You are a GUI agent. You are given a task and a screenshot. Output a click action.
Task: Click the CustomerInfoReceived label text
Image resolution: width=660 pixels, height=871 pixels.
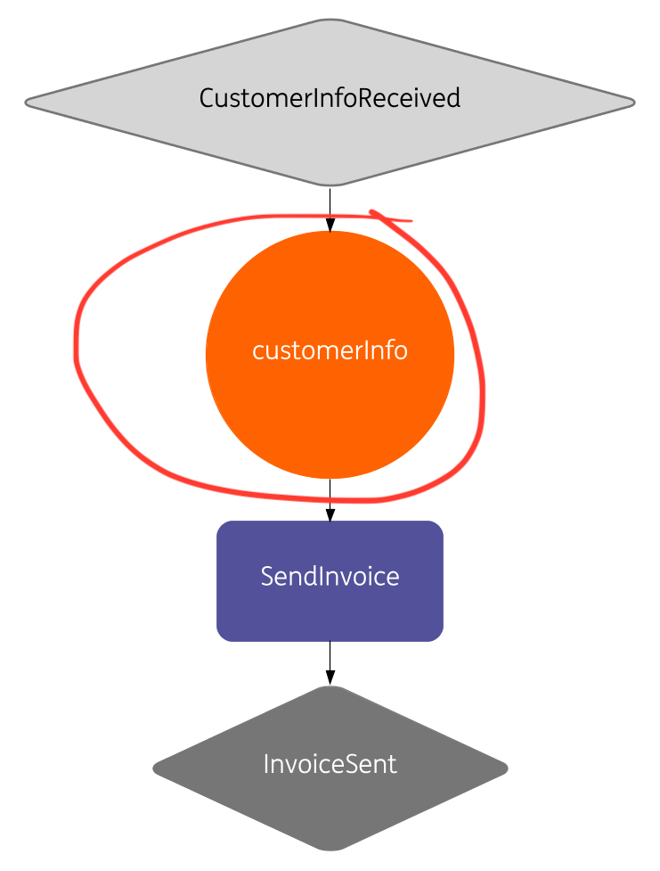[330, 97]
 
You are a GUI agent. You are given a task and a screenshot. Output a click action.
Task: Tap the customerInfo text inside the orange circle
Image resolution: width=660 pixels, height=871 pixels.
[330, 350]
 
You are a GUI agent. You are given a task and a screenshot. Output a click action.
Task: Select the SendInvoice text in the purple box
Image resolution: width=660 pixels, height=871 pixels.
[330, 576]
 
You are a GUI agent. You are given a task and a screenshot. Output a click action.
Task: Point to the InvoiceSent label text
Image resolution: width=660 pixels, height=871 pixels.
[330, 764]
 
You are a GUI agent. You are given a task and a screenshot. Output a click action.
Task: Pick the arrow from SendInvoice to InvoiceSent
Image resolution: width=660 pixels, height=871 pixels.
[330, 662]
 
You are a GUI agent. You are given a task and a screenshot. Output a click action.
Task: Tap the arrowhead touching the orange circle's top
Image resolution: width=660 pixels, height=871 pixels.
[330, 226]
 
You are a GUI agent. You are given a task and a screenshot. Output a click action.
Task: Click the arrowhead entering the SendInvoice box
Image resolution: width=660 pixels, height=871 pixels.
[330, 515]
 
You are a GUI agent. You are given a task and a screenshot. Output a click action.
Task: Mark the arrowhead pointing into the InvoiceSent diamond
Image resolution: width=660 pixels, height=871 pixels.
[330, 679]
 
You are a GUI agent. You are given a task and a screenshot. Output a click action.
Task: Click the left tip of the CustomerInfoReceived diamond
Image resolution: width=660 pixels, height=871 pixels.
[27, 103]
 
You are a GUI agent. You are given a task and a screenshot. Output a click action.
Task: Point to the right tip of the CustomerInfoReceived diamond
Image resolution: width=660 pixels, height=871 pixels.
[633, 103]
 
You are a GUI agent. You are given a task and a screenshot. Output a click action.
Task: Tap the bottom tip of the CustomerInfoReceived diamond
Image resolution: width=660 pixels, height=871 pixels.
[330, 185]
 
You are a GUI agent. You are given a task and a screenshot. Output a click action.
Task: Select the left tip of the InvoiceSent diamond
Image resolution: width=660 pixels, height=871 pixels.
[155, 767]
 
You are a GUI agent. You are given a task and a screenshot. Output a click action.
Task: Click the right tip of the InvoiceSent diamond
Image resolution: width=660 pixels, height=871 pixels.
[506, 767]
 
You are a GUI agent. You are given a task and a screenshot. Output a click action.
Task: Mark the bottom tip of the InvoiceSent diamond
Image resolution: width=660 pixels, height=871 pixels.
[330, 848]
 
